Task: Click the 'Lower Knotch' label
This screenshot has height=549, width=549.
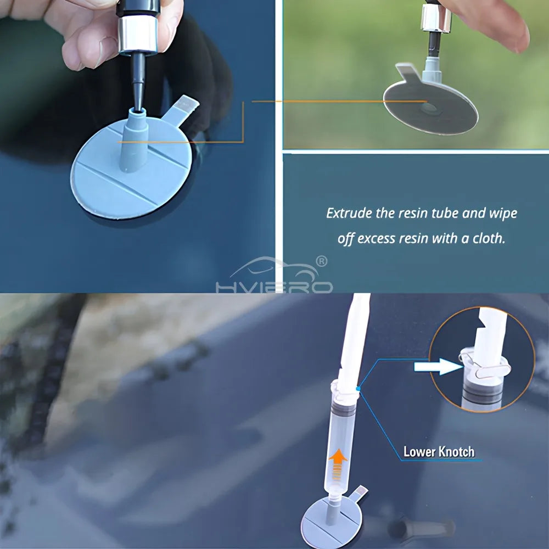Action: pos(439,452)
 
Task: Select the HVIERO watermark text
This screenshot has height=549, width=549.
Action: pos(274,287)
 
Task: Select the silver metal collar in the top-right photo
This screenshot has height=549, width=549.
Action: pos(436,18)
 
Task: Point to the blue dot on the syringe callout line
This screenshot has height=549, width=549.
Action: pos(357,389)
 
